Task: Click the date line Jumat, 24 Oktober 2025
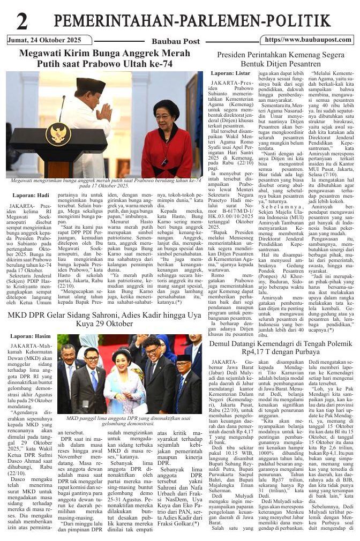pyautogui.click(x=44, y=40)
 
